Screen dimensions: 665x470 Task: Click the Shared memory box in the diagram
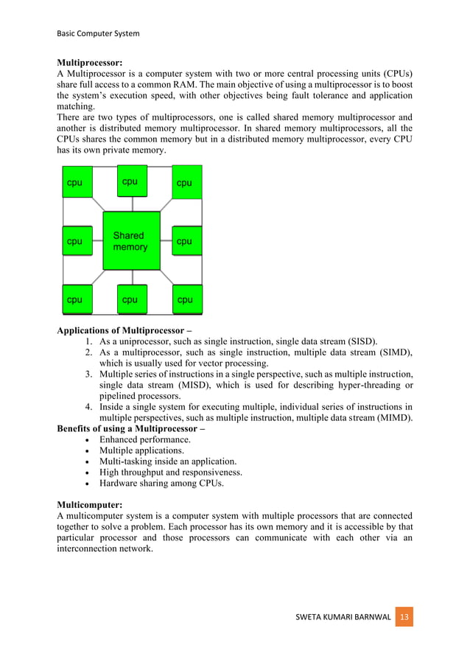tap(131, 241)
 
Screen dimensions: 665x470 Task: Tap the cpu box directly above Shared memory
tap(131, 181)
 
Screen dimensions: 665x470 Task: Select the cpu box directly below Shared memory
tap(131, 299)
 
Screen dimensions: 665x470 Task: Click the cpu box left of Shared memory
tap(77, 241)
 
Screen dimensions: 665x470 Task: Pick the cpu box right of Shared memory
tap(186, 241)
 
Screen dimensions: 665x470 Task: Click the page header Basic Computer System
tap(98, 33)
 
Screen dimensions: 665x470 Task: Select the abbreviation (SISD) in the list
tap(357, 341)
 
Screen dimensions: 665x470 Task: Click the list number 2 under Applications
tap(86, 352)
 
